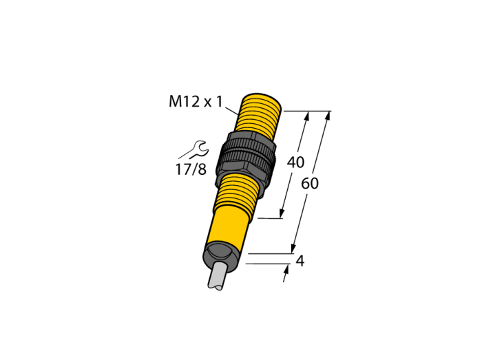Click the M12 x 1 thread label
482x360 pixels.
[x=195, y=101]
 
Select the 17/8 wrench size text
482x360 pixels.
[x=191, y=169]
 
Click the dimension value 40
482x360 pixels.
[x=295, y=162]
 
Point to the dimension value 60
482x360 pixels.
[x=310, y=184]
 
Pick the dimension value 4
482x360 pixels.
[x=300, y=261]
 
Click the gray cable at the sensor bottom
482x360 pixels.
[x=218, y=275]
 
